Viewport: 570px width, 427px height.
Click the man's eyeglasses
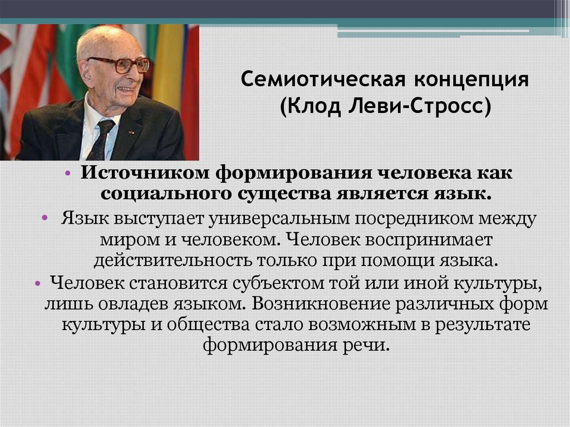click(x=123, y=64)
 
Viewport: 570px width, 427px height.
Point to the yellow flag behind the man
click(x=166, y=67)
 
